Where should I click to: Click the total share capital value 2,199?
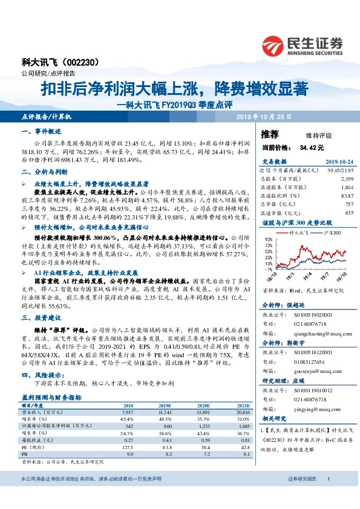pyautogui.click(x=347, y=180)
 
